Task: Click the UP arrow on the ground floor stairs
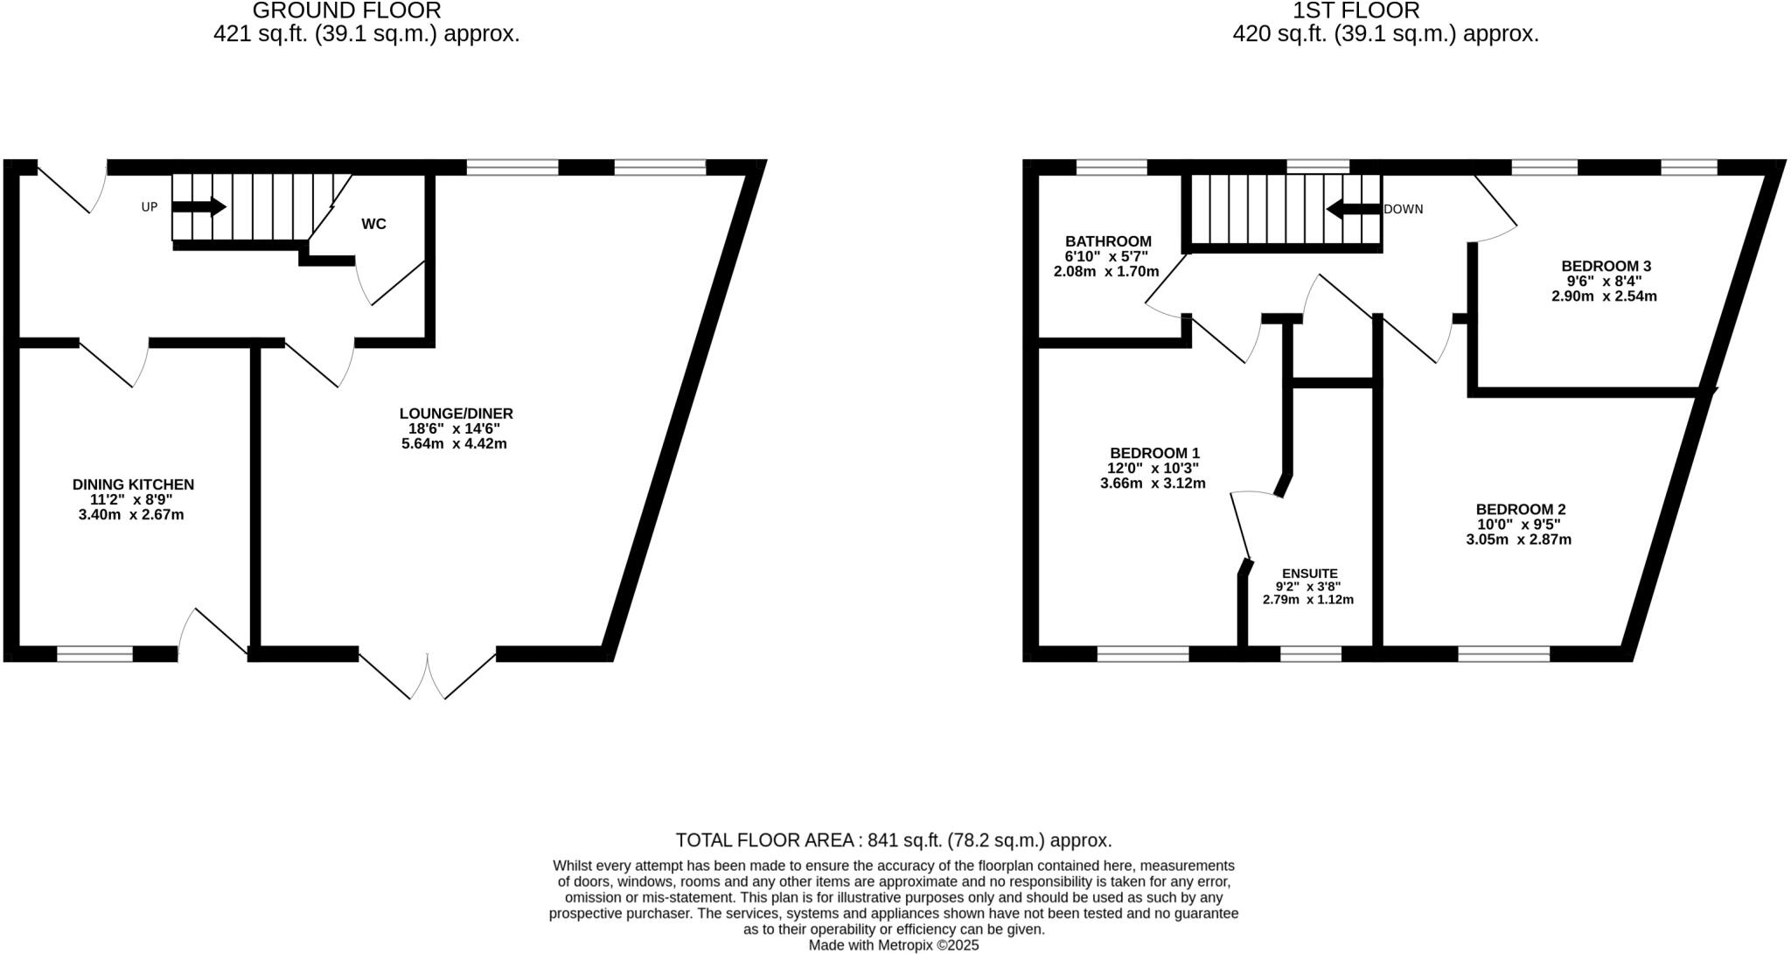tap(199, 207)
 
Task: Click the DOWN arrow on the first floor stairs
tap(1353, 210)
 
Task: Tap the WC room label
tap(373, 224)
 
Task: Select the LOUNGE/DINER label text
tap(456, 414)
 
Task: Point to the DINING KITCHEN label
tap(133, 484)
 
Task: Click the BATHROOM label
tap(1108, 241)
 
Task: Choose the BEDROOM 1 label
tap(1154, 453)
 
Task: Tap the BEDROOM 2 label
tap(1521, 509)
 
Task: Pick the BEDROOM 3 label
tap(1606, 266)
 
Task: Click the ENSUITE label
tap(1309, 574)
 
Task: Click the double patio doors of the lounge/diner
tap(428, 675)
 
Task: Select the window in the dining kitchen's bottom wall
tap(95, 653)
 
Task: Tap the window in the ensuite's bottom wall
tap(1310, 653)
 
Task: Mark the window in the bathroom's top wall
tap(1111, 167)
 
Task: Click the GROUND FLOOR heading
tap(346, 10)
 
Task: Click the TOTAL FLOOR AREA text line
tap(894, 840)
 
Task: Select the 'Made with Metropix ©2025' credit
tap(894, 945)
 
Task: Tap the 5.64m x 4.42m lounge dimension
tap(454, 443)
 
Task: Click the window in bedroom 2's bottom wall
tap(1503, 653)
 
